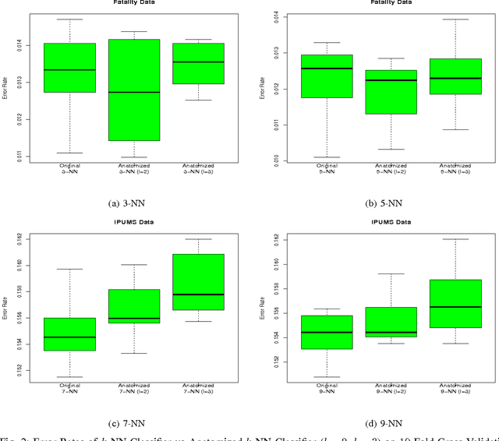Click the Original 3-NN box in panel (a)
(69, 68)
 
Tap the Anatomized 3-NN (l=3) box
(198, 63)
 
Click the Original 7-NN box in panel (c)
(69, 333)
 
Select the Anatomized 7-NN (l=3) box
(198, 282)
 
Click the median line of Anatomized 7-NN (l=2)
(134, 319)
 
